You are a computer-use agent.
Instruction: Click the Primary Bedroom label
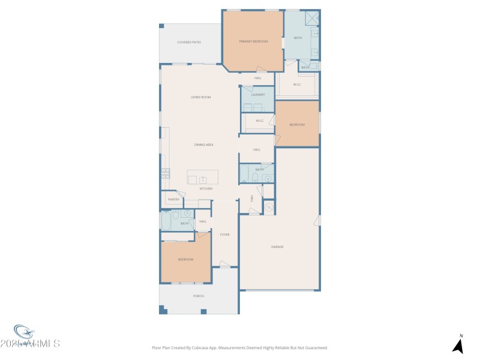(253, 41)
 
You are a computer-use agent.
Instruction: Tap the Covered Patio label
(189, 42)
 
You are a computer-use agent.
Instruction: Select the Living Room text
(200, 97)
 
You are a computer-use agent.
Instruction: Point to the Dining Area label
(203, 145)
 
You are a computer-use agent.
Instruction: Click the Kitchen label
(206, 188)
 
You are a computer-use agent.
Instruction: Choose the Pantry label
(173, 199)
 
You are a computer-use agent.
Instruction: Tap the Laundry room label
(258, 95)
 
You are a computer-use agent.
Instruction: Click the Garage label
(277, 247)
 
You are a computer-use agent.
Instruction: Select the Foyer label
(225, 235)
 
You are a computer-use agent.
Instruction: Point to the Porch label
(199, 296)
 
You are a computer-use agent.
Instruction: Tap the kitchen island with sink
(203, 178)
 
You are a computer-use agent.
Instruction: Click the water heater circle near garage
(269, 208)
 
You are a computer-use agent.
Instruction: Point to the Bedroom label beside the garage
(297, 125)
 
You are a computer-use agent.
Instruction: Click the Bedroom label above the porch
(185, 259)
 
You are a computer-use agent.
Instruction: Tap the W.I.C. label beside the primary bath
(297, 85)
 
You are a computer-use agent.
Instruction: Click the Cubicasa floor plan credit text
(240, 347)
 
